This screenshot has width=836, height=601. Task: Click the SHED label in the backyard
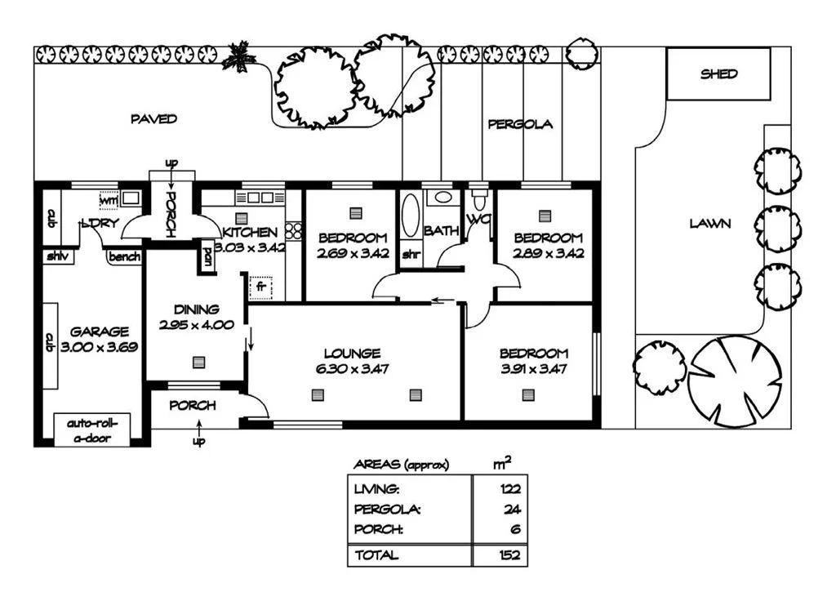(718, 73)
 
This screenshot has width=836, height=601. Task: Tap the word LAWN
(709, 223)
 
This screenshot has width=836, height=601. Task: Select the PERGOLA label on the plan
(520, 124)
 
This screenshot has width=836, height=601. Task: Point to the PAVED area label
(153, 119)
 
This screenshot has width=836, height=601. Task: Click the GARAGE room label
(99, 332)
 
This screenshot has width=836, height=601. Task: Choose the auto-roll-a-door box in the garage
(92, 430)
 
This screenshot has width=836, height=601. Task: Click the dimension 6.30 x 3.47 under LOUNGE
(352, 368)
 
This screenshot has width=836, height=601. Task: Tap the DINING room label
(196, 309)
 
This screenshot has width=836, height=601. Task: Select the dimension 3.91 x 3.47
(533, 368)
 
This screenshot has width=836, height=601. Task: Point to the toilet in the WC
(480, 198)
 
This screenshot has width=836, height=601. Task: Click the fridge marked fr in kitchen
(261, 287)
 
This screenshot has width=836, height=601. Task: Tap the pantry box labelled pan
(207, 256)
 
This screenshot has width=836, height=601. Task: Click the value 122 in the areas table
(511, 489)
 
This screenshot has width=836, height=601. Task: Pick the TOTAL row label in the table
(376, 555)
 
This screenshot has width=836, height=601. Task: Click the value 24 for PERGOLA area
(513, 509)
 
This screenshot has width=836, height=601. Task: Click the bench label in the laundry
(124, 257)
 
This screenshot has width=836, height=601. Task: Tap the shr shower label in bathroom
(411, 253)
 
